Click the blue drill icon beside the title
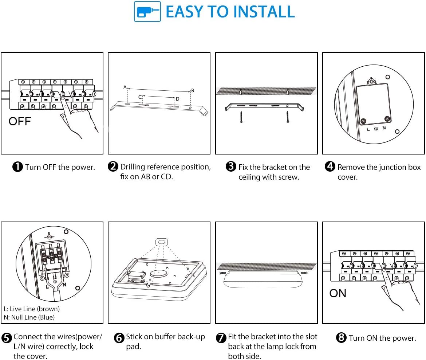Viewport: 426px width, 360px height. pyautogui.click(x=147, y=11)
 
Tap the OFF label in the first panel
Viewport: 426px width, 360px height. pyautogui.click(x=20, y=121)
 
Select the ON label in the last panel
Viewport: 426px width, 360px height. pyautogui.click(x=338, y=293)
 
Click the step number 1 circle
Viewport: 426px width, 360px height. pyautogui.click(x=18, y=167)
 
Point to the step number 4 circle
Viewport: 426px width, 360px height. pyautogui.click(x=330, y=167)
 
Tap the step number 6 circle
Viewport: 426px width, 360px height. pyautogui.click(x=119, y=338)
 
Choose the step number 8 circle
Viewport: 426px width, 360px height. pyautogui.click(x=341, y=337)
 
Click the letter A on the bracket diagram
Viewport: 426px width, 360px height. pyautogui.click(x=125, y=87)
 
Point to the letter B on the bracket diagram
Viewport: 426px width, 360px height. pyautogui.click(x=192, y=90)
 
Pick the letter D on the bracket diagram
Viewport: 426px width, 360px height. pyautogui.click(x=177, y=99)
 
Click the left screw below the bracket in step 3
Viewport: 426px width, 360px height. pyautogui.click(x=241, y=117)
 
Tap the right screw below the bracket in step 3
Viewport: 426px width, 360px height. pyautogui.click(x=287, y=117)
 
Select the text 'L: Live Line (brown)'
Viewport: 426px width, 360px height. pyautogui.click(x=32, y=309)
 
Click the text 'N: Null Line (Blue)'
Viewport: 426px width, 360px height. pyautogui.click(x=29, y=317)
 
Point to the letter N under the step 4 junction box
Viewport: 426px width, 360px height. pyautogui.click(x=384, y=128)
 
